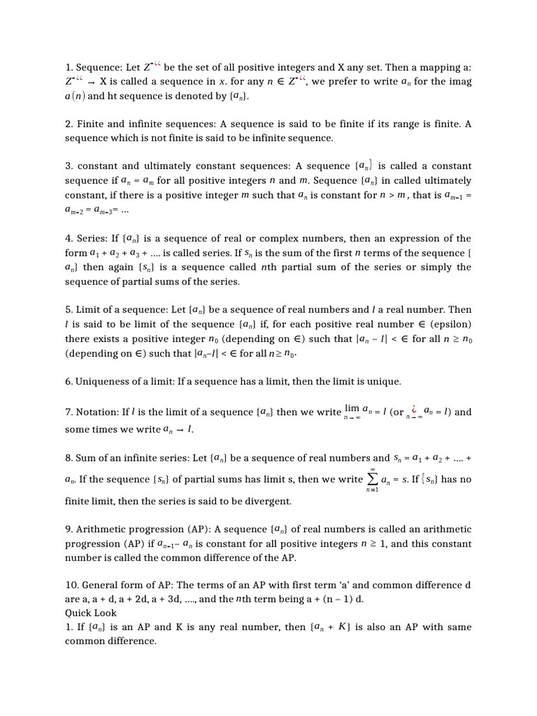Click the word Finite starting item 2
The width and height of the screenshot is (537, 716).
point(91,124)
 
